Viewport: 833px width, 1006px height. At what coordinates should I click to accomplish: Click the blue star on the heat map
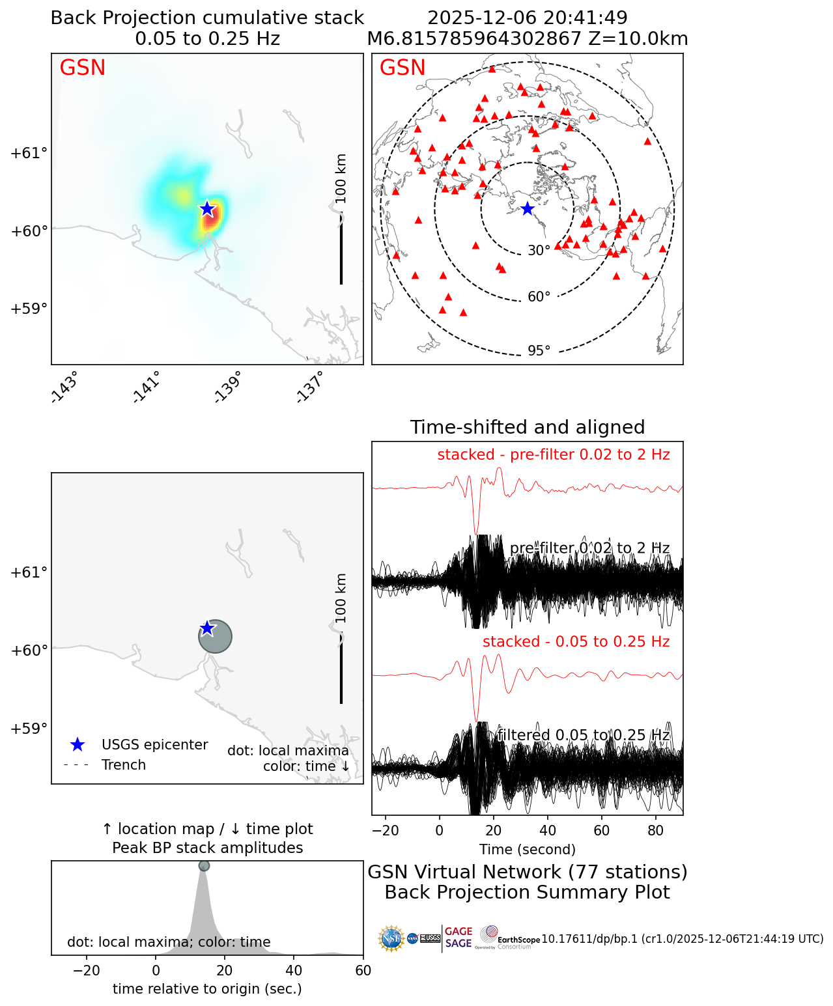coord(207,208)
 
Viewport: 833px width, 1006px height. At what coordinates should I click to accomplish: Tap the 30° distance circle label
coord(539,251)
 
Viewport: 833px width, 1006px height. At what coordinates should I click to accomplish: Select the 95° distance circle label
coord(539,351)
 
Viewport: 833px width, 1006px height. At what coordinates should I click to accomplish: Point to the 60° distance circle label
coord(539,297)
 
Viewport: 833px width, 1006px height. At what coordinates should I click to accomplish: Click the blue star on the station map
coord(528,208)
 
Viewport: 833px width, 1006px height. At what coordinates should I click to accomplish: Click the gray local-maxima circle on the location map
coord(215,636)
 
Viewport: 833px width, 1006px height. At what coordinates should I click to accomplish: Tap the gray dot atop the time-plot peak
coord(204,865)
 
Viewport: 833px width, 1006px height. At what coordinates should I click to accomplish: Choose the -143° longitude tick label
coord(63,387)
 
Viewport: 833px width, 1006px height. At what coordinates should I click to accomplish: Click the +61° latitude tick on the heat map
coord(29,153)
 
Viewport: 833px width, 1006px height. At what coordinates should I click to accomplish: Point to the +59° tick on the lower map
coord(29,728)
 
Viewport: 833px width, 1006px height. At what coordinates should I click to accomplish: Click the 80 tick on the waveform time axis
coord(656,830)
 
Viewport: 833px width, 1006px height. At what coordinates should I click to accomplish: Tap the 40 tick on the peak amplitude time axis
coord(294,970)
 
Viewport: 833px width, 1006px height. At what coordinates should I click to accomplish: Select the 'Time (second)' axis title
coord(528,849)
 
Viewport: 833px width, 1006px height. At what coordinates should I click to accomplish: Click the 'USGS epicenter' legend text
coord(154,745)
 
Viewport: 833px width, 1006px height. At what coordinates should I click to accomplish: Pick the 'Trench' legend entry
coord(124,765)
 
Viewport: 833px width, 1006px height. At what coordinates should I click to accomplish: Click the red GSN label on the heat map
coord(82,68)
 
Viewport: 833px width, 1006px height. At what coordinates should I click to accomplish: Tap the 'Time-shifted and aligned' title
coord(528,427)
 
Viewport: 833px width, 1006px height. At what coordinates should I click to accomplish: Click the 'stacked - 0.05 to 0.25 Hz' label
coord(576,641)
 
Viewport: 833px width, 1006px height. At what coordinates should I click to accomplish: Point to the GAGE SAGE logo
coord(459,938)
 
